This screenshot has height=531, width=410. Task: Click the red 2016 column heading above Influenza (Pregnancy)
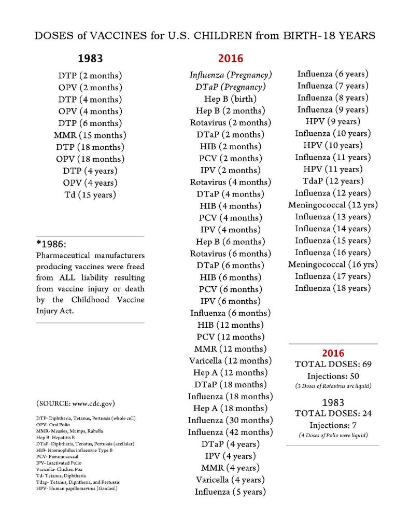point(230,59)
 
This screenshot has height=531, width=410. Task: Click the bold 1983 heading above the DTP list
point(90,58)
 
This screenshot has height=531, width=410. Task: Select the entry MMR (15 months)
point(90,135)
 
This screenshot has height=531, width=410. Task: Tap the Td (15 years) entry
point(90,195)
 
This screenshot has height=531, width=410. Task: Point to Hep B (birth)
point(230,99)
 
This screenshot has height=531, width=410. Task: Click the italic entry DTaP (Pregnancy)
point(230,87)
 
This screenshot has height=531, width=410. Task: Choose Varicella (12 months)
point(230,361)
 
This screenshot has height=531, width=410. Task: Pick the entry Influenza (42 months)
point(230,432)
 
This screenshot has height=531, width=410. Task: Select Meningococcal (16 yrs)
point(333,264)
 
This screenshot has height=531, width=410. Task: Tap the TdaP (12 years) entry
point(333,181)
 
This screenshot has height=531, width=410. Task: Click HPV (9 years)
point(333,121)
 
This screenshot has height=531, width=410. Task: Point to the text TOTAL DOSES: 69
point(333,364)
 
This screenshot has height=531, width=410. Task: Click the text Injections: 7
point(333,425)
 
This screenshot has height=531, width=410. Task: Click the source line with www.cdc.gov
point(75,403)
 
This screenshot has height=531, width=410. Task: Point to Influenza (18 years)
point(333,288)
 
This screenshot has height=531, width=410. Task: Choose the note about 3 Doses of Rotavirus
point(333,386)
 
